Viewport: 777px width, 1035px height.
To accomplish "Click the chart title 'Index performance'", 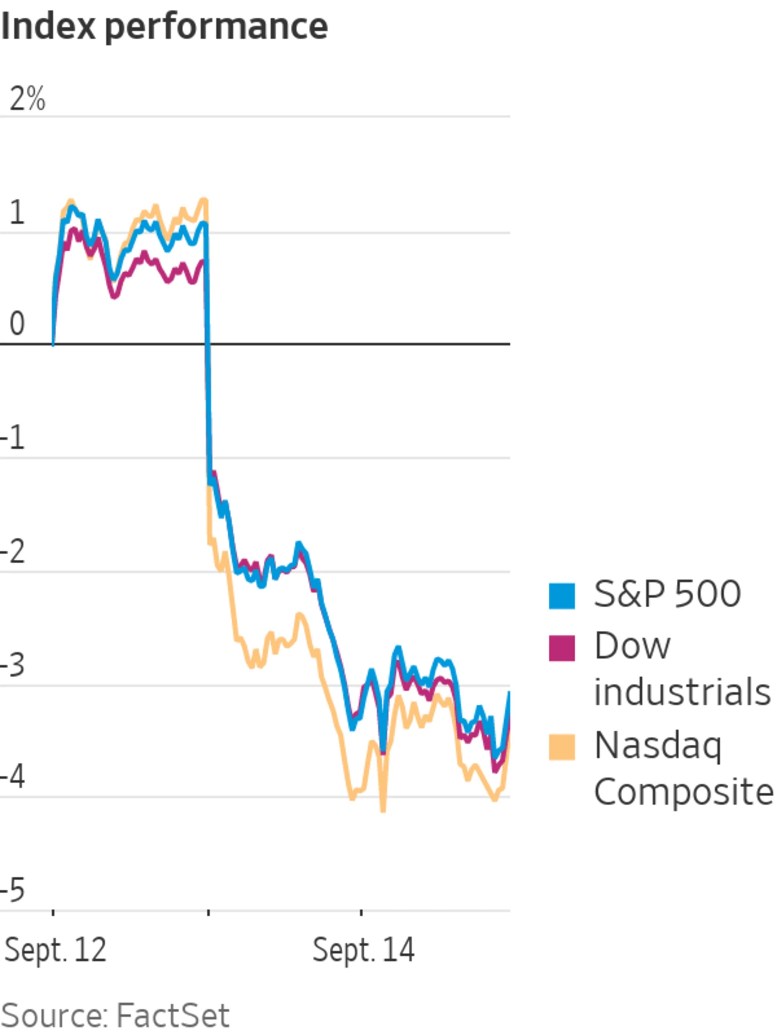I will click(164, 27).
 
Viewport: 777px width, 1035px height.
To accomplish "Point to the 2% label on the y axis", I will click(27, 99).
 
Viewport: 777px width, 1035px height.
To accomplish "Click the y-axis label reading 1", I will click(17, 212).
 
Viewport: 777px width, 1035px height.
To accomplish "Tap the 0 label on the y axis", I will click(17, 324).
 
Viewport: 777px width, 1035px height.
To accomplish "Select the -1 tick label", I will click(13, 439).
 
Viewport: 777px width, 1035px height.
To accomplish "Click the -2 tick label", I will click(13, 552).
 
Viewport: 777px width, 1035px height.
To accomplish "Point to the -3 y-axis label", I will click(13, 665).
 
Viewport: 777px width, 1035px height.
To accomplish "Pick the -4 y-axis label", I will click(13, 777).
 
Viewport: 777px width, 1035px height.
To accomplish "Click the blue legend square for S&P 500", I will click(562, 596).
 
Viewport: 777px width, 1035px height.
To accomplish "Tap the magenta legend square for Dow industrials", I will click(562, 648).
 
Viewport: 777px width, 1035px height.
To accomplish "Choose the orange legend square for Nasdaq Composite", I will click(562, 747).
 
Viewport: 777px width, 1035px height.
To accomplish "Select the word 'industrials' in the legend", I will click(682, 691).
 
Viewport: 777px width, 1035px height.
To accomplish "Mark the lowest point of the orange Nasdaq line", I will click(383, 809).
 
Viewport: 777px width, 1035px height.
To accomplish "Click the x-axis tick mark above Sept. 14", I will click(361, 912).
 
